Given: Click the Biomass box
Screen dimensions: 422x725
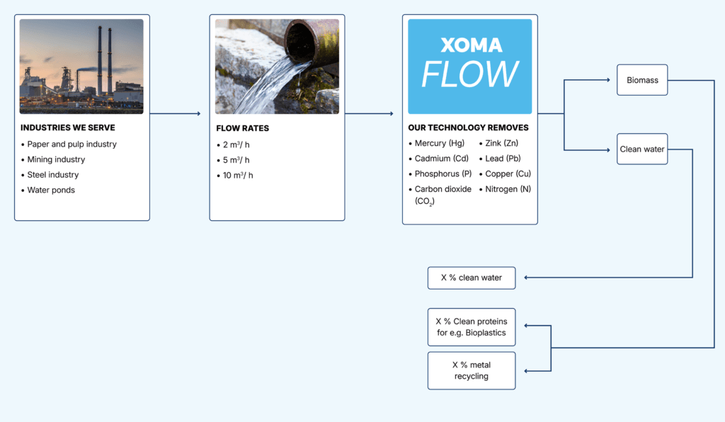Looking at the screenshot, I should (x=642, y=80).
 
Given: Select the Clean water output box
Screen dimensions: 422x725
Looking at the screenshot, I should (x=642, y=149).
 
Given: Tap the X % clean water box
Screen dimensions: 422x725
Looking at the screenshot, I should (x=472, y=278).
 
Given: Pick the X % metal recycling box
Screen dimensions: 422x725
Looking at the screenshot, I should (x=472, y=370).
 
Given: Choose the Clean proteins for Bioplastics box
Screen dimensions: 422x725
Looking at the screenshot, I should (x=472, y=326).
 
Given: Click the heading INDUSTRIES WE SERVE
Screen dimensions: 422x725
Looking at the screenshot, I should (x=68, y=128).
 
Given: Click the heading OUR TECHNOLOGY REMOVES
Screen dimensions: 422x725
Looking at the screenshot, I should (x=468, y=128).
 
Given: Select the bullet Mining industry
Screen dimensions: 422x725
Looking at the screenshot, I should (x=56, y=159).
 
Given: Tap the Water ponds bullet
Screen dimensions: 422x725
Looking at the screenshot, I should (x=51, y=190).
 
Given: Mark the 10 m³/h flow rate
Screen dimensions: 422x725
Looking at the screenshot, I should (x=238, y=175).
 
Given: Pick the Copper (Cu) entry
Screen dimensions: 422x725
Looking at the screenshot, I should (x=508, y=173).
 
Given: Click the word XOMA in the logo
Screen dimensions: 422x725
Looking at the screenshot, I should (x=471, y=45).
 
